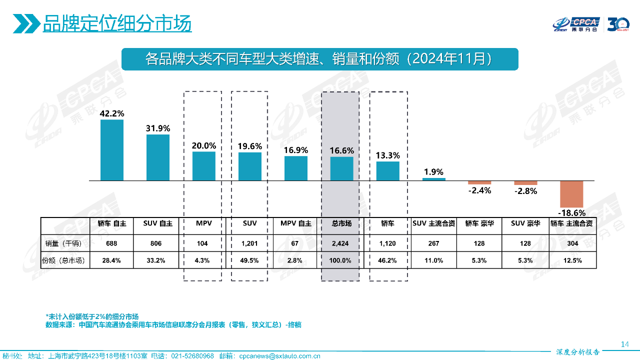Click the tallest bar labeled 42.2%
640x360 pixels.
point(112,150)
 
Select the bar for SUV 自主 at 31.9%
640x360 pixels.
point(158,157)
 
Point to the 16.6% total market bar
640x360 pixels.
point(341,168)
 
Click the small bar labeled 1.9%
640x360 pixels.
point(433,179)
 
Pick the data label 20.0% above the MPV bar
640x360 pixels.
point(204,146)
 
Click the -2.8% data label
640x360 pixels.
point(525,191)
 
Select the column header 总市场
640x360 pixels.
point(341,223)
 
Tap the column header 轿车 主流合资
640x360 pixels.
point(571,223)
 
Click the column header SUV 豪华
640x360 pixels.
point(525,223)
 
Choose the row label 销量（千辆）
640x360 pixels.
point(65,243)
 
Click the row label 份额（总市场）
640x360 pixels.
point(65,260)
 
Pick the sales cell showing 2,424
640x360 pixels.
point(341,243)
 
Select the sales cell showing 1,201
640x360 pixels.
point(249,243)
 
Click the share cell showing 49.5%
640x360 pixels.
point(249,260)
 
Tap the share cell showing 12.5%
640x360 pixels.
point(571,260)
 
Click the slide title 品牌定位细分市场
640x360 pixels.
point(117,23)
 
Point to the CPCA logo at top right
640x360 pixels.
point(576,24)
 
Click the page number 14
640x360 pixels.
point(624,344)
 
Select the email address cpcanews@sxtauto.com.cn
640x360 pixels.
point(279,356)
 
